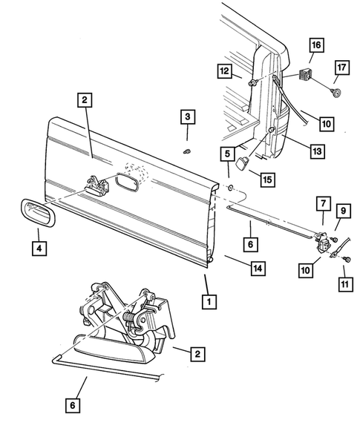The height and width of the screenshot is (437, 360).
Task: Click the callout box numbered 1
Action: pos(209,302)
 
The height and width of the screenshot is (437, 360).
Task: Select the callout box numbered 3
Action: pos(187,117)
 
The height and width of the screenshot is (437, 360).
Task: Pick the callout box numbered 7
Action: pos(323,203)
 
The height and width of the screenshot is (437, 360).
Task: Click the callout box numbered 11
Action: pos(344,282)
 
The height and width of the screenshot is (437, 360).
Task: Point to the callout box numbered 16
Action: pos(315,47)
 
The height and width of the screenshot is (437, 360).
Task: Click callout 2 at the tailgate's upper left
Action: pos(85,102)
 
